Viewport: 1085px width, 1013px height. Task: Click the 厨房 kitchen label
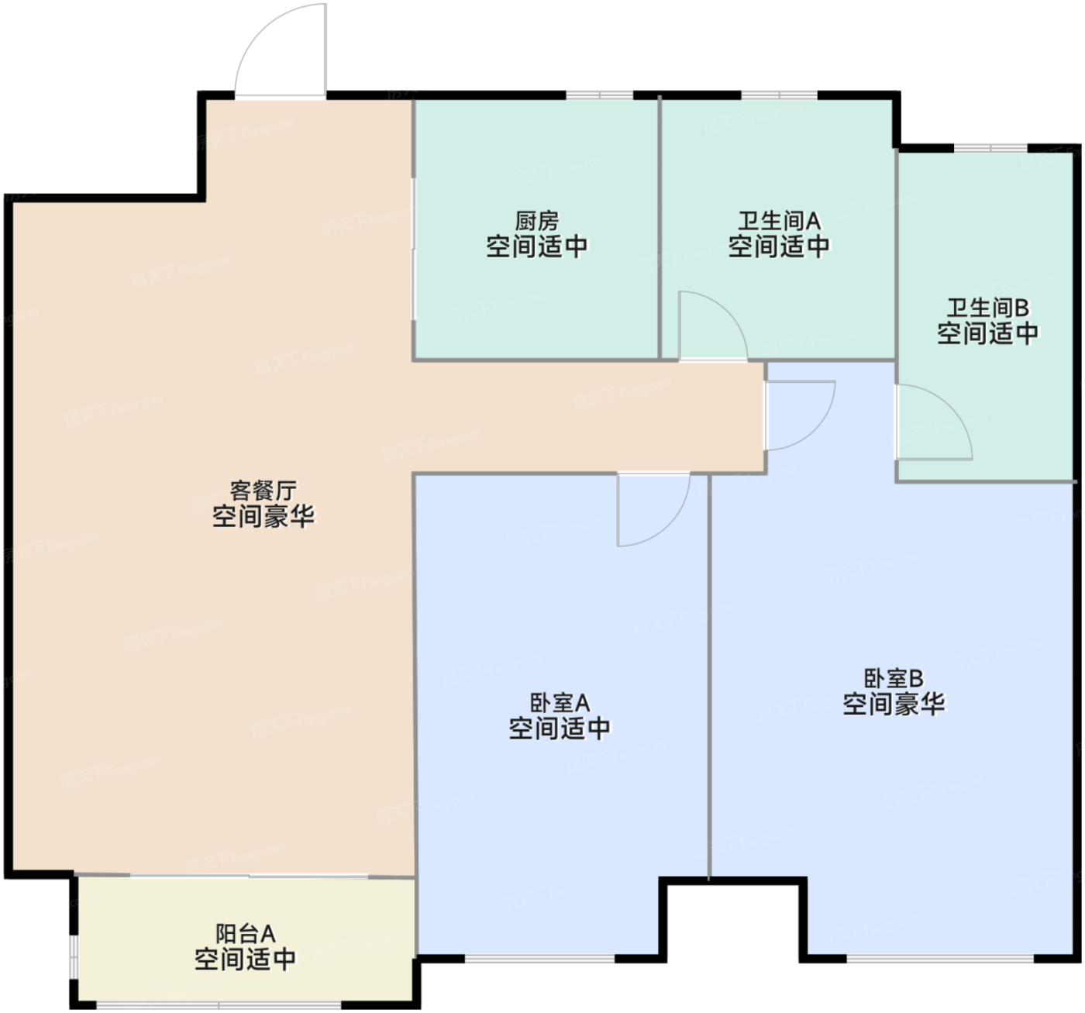(x=536, y=222)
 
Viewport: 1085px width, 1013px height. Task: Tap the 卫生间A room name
(x=778, y=222)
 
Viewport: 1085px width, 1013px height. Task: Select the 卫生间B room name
(x=987, y=308)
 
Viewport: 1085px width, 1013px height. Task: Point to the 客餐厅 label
(x=263, y=491)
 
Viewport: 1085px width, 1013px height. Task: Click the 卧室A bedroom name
(x=560, y=703)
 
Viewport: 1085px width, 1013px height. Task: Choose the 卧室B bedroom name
(x=894, y=679)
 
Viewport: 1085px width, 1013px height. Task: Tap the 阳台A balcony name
(x=245, y=934)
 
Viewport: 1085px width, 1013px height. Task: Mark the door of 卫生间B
(x=934, y=422)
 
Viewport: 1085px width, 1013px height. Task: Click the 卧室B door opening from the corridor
(x=800, y=415)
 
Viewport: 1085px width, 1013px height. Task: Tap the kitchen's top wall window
(x=599, y=95)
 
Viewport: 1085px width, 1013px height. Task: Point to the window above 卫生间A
(x=779, y=95)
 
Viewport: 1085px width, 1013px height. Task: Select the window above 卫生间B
(x=990, y=147)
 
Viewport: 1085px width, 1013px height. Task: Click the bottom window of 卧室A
(x=539, y=959)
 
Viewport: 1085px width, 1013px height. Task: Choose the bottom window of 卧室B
(x=939, y=959)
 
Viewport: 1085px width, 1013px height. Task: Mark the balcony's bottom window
(x=219, y=1005)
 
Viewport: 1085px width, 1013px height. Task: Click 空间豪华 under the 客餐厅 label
(x=263, y=516)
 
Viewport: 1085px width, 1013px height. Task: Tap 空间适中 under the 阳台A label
(x=245, y=960)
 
